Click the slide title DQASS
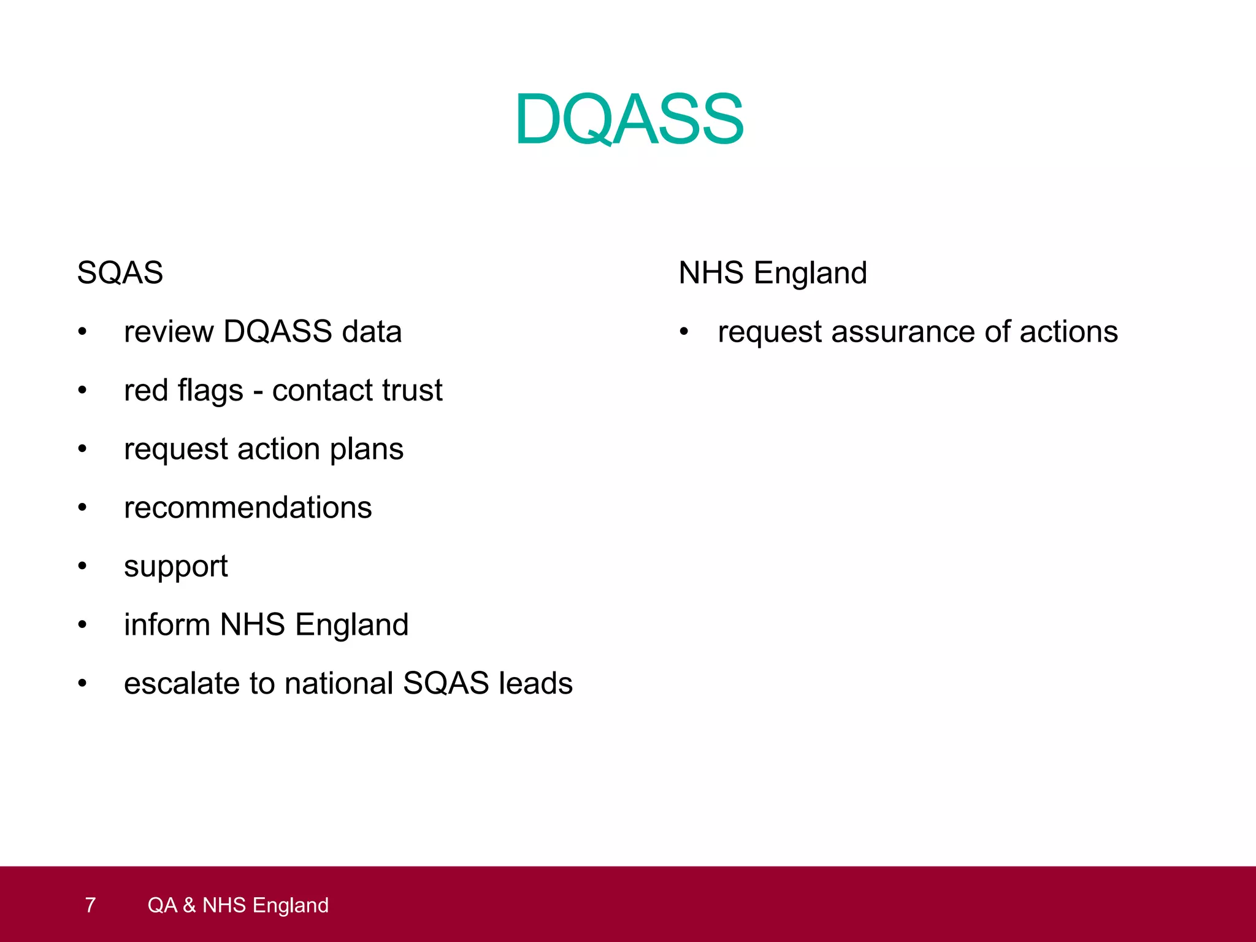629,119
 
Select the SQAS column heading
120,273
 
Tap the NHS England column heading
773,273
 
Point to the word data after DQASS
372,332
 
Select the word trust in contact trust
412,391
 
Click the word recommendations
248,508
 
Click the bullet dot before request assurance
684,332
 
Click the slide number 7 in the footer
90,905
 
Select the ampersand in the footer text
189,905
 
